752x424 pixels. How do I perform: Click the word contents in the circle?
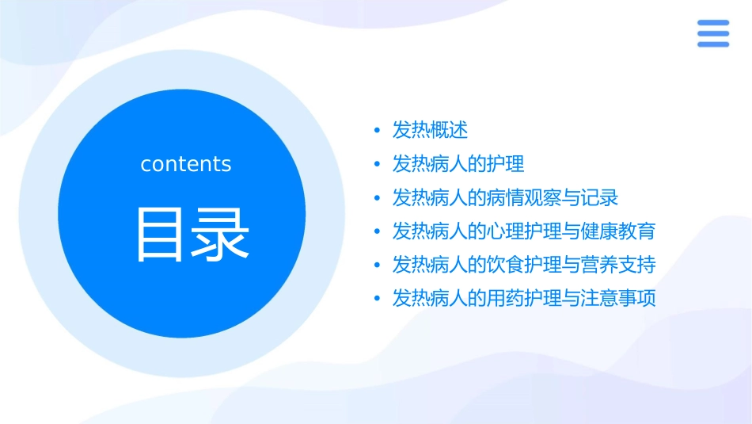(x=186, y=164)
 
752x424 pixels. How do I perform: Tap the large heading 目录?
(x=193, y=234)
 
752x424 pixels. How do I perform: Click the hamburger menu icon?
(x=713, y=34)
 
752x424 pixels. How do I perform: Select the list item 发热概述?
(x=431, y=130)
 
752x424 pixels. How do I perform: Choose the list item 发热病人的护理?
(x=458, y=164)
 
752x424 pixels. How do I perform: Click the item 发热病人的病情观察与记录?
(x=505, y=197)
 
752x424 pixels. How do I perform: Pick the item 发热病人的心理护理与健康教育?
(x=524, y=231)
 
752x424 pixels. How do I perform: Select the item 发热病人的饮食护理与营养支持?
(x=524, y=265)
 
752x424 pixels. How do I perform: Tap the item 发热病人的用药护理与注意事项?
(x=524, y=299)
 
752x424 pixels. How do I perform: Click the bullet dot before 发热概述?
(x=377, y=131)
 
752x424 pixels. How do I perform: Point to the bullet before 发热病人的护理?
(x=377, y=165)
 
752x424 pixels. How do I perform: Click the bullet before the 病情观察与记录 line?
(x=377, y=198)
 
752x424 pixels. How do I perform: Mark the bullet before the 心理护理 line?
(x=377, y=232)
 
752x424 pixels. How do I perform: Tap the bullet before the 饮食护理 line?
(x=377, y=265)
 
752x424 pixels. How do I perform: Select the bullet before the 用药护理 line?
(x=377, y=300)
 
